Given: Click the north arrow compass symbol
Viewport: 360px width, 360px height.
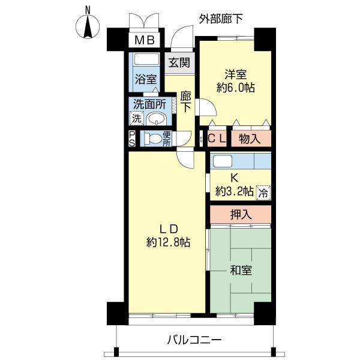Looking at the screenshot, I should [x=88, y=25].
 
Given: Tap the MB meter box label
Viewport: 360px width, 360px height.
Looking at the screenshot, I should [x=145, y=41].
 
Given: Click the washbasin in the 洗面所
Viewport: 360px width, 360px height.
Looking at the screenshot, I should [x=156, y=118].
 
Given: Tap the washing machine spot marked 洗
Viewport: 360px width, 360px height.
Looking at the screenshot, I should [x=137, y=118].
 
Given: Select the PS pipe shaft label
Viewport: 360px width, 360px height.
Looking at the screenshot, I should [x=132, y=139].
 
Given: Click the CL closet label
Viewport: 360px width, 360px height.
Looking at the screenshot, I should [x=218, y=139].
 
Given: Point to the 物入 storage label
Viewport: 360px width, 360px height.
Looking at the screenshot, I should [x=250, y=139].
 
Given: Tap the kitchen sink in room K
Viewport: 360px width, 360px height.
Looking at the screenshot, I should [x=223, y=161].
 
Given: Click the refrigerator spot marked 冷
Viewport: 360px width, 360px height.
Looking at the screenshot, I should [x=263, y=193].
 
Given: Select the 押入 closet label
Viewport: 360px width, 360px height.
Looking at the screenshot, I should [x=241, y=214].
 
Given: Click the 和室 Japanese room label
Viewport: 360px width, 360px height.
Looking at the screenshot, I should [x=240, y=271].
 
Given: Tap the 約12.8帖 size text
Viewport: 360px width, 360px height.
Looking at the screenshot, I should [x=168, y=243].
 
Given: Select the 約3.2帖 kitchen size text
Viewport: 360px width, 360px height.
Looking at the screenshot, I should [x=235, y=193].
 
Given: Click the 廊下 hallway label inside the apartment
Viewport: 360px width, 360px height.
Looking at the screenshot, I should [x=186, y=101].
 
